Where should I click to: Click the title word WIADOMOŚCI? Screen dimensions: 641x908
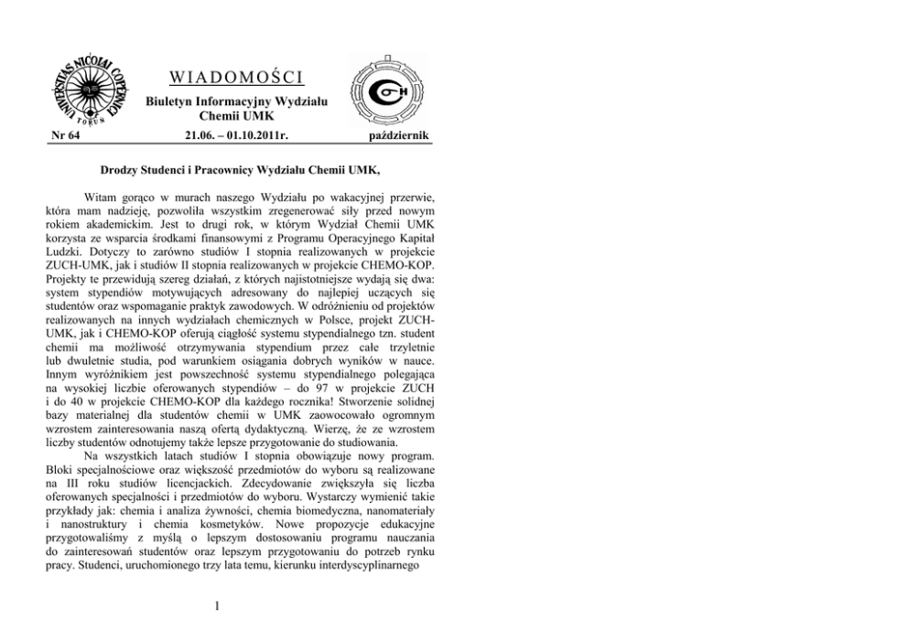(224, 74)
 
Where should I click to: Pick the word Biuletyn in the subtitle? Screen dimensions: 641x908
(171, 100)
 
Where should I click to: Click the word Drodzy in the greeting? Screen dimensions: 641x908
(123, 169)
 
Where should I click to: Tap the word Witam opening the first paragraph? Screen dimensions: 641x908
(103, 197)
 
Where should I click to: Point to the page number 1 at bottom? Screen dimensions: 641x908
(215, 604)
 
